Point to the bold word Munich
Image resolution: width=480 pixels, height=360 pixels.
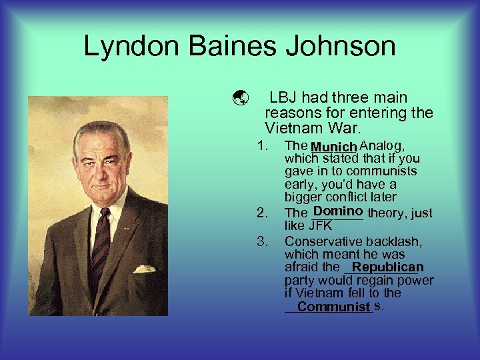click(334, 147)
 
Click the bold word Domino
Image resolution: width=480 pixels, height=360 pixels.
click(337, 212)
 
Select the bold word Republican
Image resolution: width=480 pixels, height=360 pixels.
click(388, 267)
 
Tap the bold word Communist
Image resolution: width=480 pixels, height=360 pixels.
click(334, 307)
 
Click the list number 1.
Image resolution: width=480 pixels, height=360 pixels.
click(261, 145)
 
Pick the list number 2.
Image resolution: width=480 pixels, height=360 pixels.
click(261, 213)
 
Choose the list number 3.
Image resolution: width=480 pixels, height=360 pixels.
click(261, 241)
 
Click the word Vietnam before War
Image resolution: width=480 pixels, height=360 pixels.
click(294, 127)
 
